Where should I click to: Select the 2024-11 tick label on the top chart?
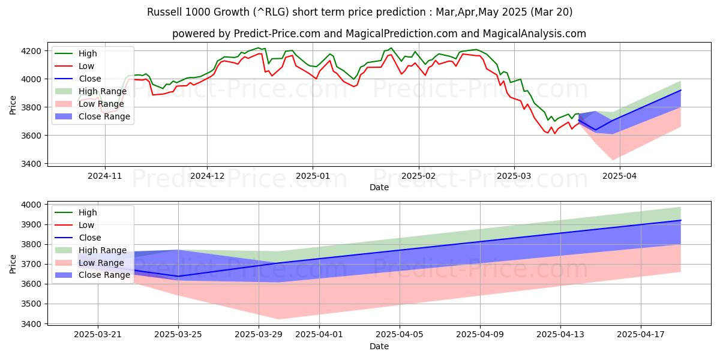(x=105, y=176)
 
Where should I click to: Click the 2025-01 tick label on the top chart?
(x=312, y=176)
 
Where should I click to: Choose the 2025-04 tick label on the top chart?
(x=619, y=176)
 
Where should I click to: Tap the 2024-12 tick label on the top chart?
(x=207, y=176)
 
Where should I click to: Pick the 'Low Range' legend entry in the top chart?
(x=101, y=104)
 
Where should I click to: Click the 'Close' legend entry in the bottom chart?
(x=89, y=238)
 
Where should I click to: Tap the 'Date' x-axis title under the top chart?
(x=379, y=188)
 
